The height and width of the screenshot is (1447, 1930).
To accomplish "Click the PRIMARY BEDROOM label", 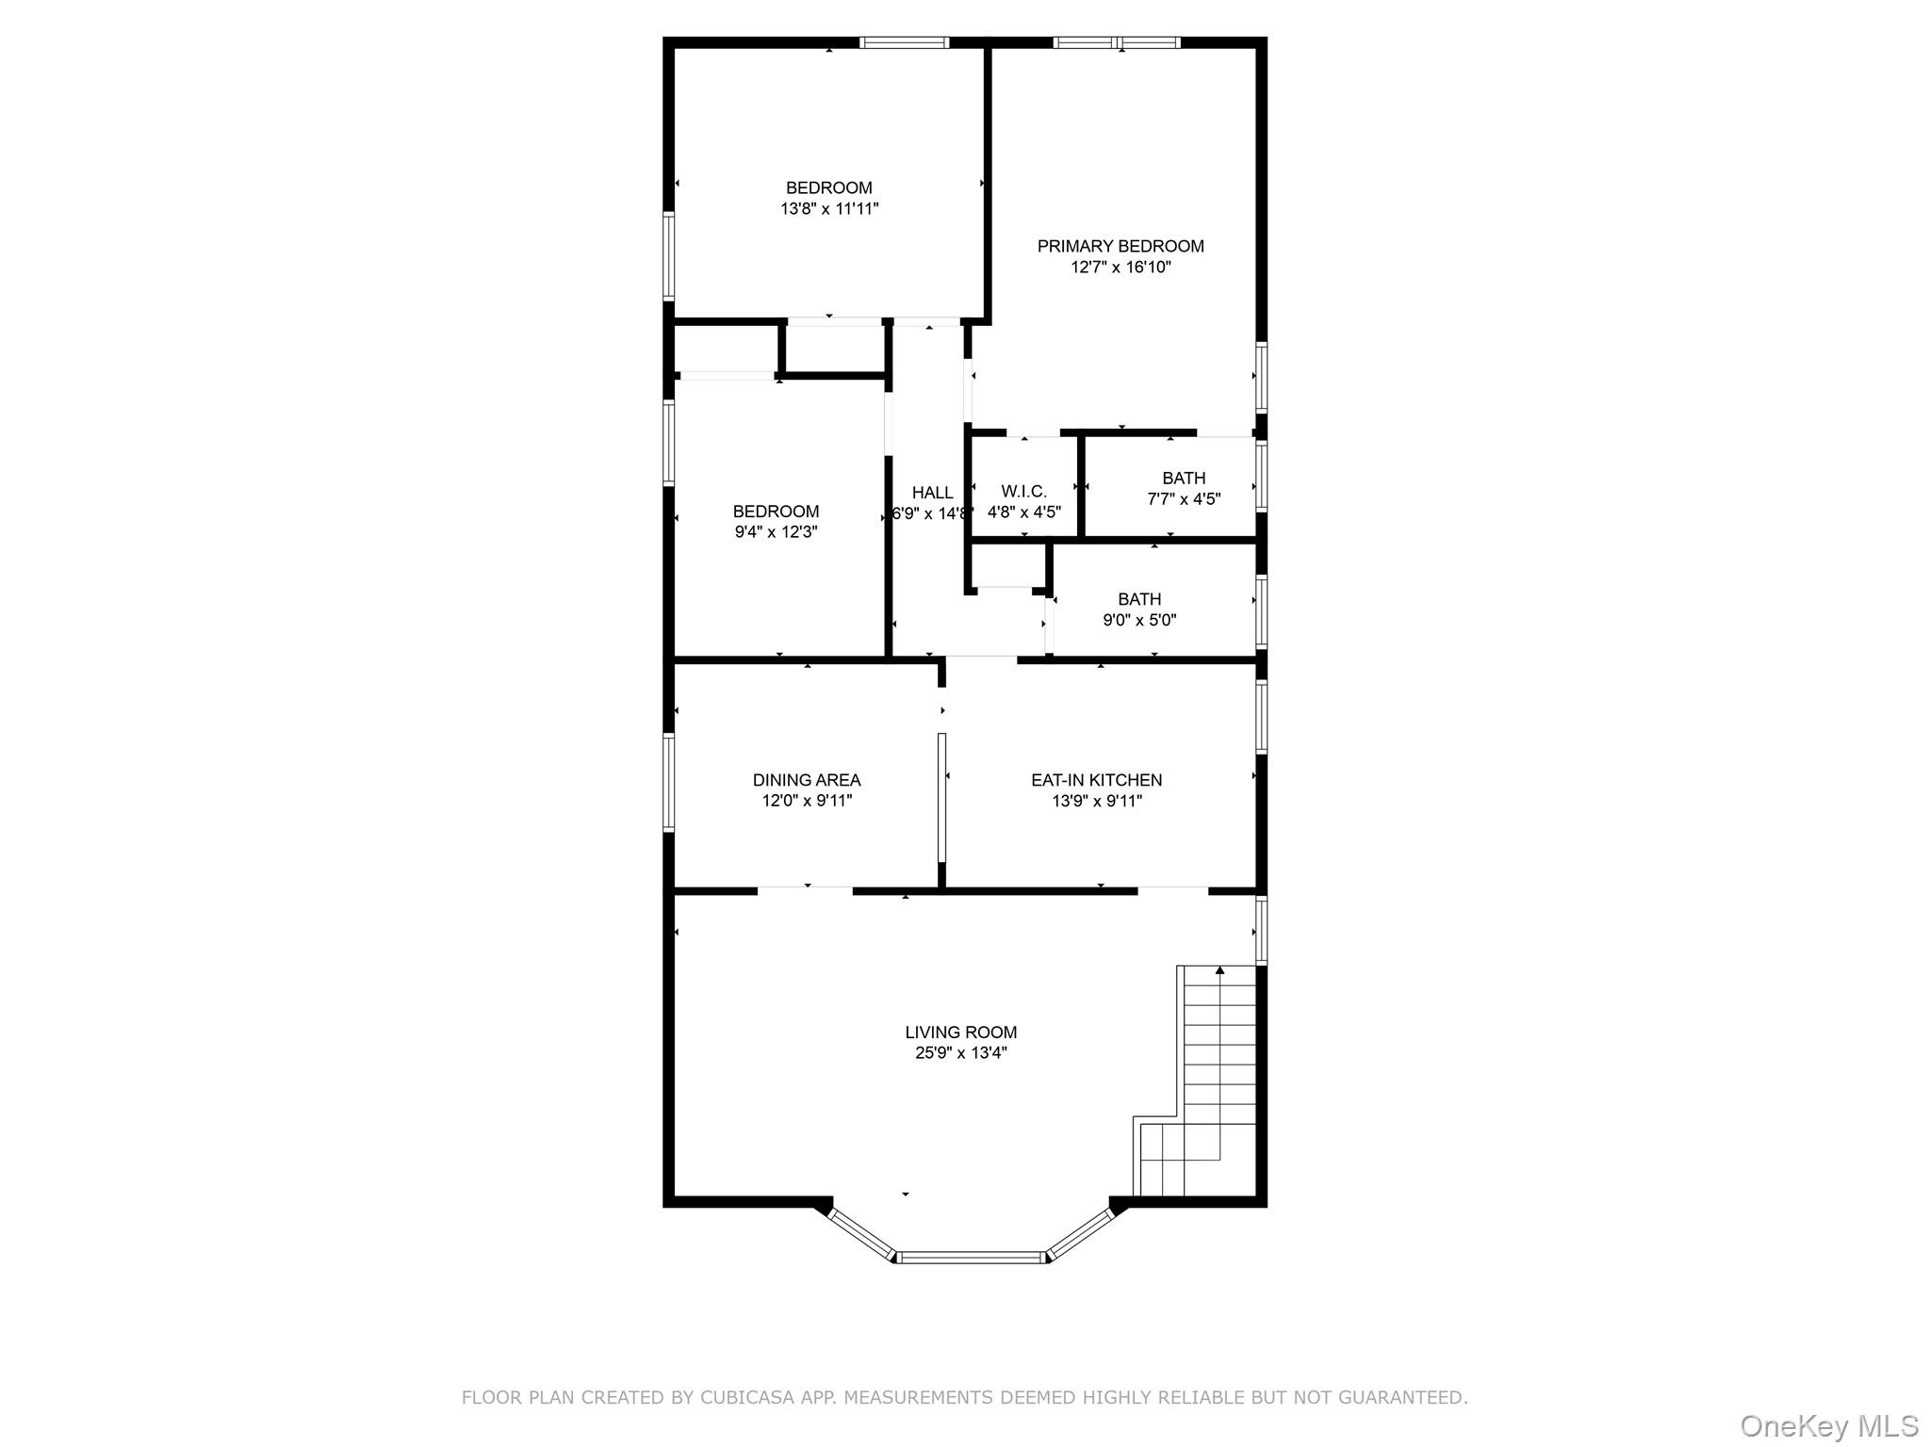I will pos(1120,246).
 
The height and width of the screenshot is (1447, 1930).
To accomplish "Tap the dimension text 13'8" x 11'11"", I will pos(829,209).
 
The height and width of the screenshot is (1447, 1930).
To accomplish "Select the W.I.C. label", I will pos(1023,492).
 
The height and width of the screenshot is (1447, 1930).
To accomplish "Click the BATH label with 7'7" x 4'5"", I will pos(1184,479).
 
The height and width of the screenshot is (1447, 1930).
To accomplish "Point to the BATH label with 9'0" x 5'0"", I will pos(1139,599).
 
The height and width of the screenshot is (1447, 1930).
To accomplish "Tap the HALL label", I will pos(932,493).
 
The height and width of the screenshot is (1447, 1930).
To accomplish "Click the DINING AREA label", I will pos(807,780).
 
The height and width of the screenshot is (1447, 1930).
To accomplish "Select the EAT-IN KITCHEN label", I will pos(1096,780).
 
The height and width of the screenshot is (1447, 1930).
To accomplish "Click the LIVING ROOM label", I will pos(960,1032).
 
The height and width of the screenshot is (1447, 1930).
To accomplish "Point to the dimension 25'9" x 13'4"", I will pos(960,1053).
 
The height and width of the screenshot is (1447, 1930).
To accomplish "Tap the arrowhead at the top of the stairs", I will pos(1219,969).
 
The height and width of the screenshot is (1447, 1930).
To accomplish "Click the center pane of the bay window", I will pos(972,1257).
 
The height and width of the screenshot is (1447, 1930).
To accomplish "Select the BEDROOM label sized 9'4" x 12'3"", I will pos(776,512).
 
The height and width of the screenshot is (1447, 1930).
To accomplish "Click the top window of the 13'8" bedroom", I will pos(904,42).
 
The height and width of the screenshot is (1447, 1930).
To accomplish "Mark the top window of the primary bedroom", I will pos(1116,42).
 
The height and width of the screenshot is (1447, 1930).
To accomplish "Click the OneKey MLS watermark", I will pos(1828,1425).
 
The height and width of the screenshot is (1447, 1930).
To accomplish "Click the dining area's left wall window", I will pos(668,783).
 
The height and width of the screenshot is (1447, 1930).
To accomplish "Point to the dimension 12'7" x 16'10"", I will pos(1120,268).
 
